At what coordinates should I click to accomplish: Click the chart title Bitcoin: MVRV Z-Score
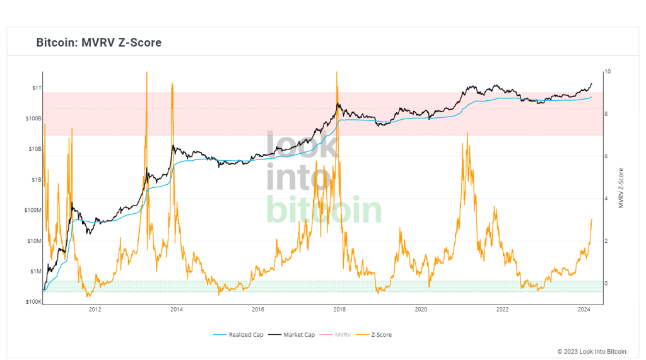(99, 43)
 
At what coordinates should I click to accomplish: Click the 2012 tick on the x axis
(95, 310)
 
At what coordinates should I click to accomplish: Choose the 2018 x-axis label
(339, 310)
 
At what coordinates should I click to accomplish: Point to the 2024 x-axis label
(584, 310)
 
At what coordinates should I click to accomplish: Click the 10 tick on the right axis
(607, 72)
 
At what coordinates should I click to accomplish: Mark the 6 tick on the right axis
(606, 156)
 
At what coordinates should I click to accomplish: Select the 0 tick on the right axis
(606, 284)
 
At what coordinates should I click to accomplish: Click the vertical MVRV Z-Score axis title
(621, 188)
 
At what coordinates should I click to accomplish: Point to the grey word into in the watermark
(298, 177)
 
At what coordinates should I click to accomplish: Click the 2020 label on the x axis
(421, 310)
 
